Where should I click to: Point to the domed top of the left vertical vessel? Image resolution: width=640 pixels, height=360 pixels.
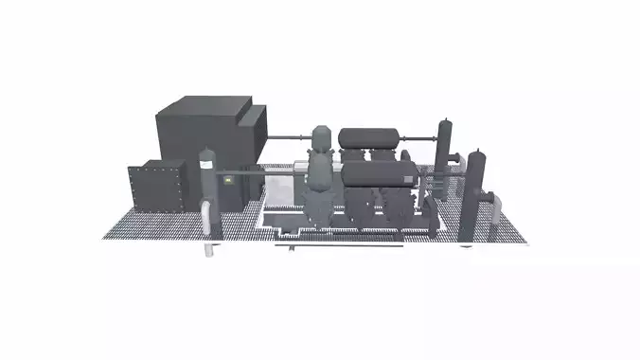[206, 153]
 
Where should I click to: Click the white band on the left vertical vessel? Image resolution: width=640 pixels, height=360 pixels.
[205, 166]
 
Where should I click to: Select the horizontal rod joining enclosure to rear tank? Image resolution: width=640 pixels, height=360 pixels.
[293, 139]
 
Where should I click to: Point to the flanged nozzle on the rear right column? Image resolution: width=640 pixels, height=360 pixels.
[457, 157]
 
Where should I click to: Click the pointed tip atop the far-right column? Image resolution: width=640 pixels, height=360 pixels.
[477, 149]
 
